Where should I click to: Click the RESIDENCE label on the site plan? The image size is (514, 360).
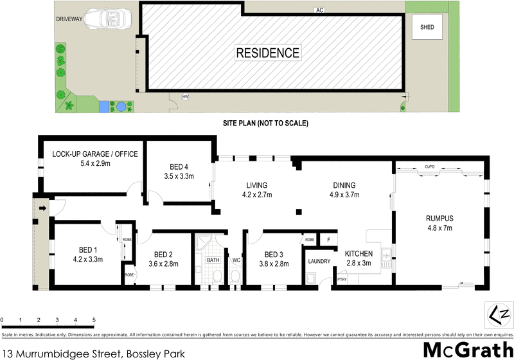pyautogui.click(x=267, y=53)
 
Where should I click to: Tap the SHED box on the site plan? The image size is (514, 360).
pyautogui.click(x=427, y=28)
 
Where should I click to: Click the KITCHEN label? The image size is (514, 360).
pyautogui.click(x=359, y=253)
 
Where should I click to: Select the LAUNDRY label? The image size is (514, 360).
pyautogui.click(x=319, y=261)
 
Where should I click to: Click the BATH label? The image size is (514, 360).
pyautogui.click(x=213, y=260)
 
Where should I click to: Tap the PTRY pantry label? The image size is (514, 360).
pyautogui.click(x=341, y=279)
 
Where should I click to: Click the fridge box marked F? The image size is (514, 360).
pyautogui.click(x=328, y=240)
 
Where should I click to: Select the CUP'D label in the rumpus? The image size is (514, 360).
pyautogui.click(x=430, y=168)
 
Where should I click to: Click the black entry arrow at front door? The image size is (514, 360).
pyautogui.click(x=43, y=208)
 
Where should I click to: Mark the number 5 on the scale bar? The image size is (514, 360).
pyautogui.click(x=94, y=319)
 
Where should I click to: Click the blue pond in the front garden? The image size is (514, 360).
pyautogui.click(x=103, y=107)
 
